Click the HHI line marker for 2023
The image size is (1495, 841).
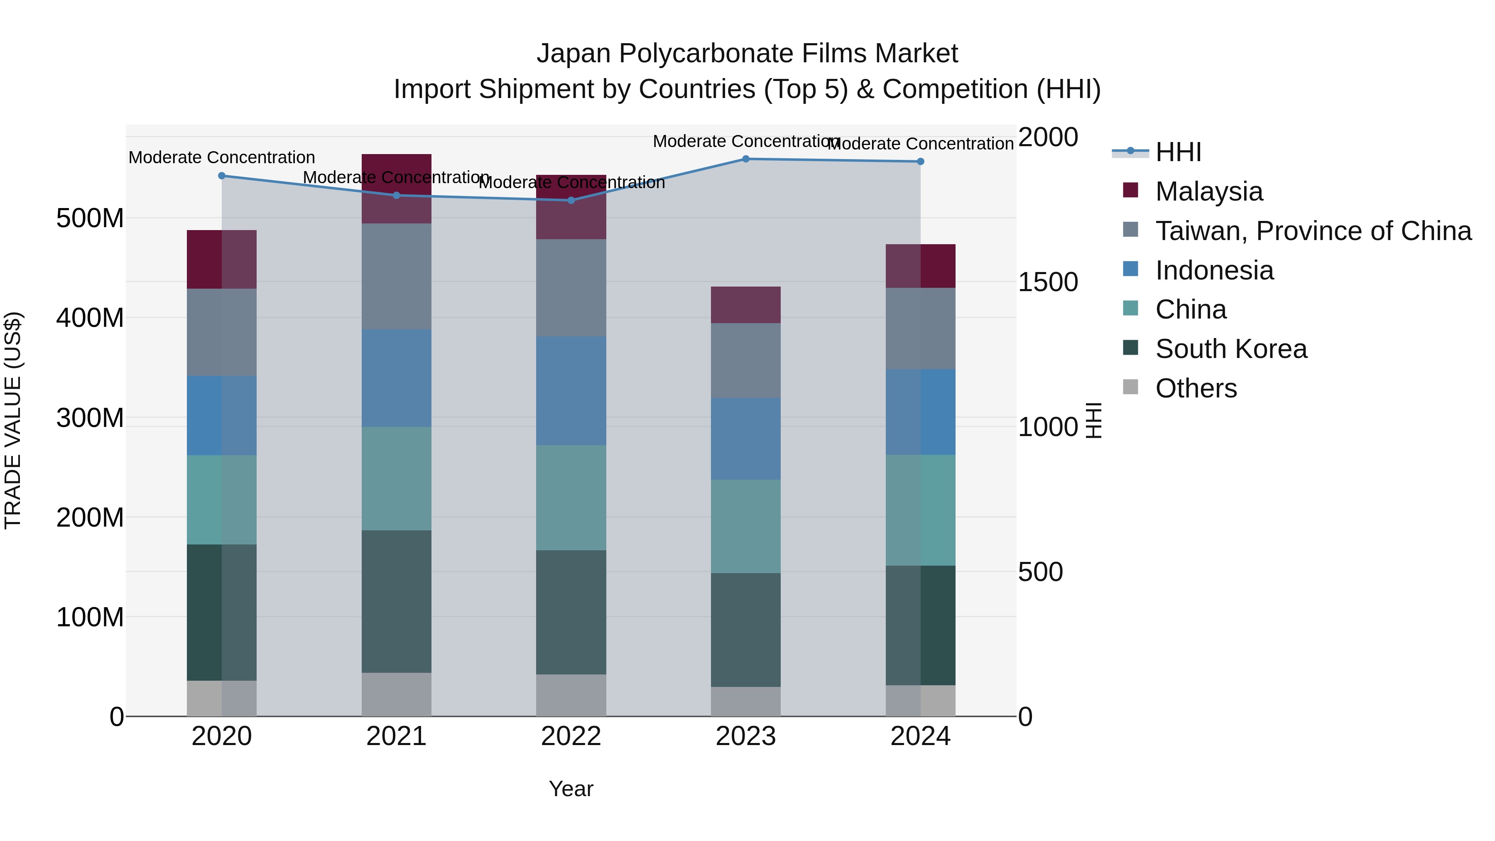(746, 159)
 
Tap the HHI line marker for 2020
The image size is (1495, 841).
(222, 176)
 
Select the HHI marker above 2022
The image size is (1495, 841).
(571, 200)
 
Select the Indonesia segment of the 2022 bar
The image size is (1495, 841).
(571, 391)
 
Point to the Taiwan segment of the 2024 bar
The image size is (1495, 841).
(920, 329)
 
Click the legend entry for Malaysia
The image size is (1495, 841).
(1208, 191)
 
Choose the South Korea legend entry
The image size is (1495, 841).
(1230, 349)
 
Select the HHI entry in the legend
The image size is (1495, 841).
(1178, 152)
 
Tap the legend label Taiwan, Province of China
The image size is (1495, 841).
(1313, 231)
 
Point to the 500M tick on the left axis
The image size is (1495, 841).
(90, 219)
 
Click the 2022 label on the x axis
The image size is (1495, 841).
(571, 736)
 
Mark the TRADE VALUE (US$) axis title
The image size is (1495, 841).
(13, 420)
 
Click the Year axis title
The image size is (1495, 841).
(571, 789)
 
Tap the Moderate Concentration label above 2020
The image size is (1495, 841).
(222, 157)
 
